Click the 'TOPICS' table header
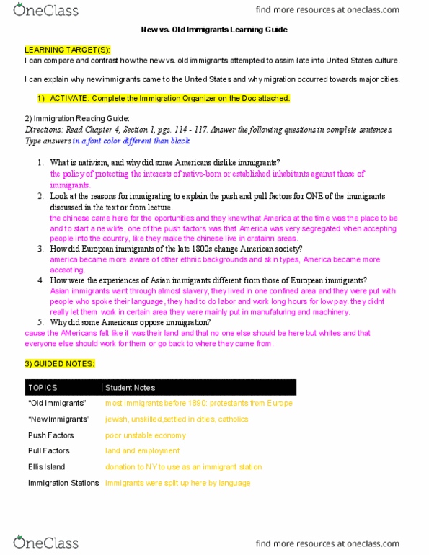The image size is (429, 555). (x=42, y=387)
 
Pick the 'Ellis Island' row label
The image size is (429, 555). (x=47, y=466)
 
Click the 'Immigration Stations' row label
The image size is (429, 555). (x=63, y=482)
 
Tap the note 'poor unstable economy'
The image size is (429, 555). (x=145, y=435)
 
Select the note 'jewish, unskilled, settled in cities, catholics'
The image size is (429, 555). (x=177, y=419)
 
